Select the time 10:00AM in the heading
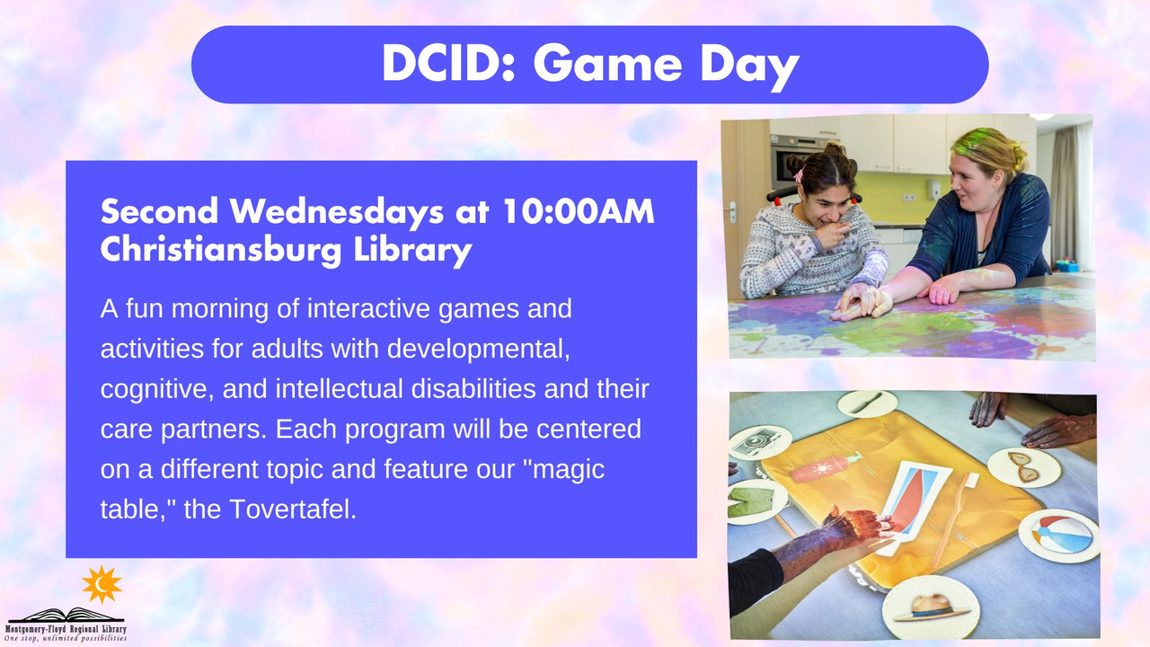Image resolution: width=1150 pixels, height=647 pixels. tap(579, 211)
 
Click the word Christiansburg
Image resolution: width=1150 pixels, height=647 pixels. tap(221, 250)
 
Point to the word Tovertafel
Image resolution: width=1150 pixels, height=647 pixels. tap(293, 509)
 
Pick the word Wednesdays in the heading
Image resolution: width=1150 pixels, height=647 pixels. tap(336, 211)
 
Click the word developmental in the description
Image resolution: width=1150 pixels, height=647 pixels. tap(479, 350)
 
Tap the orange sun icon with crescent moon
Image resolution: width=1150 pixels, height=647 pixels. tap(102, 584)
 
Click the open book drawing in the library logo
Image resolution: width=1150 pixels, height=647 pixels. tap(66, 616)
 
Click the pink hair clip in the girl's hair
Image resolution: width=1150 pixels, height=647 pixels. tap(799, 175)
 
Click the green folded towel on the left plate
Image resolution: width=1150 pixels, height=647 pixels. tap(751, 501)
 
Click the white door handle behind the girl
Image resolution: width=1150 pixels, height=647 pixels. tap(732, 211)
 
